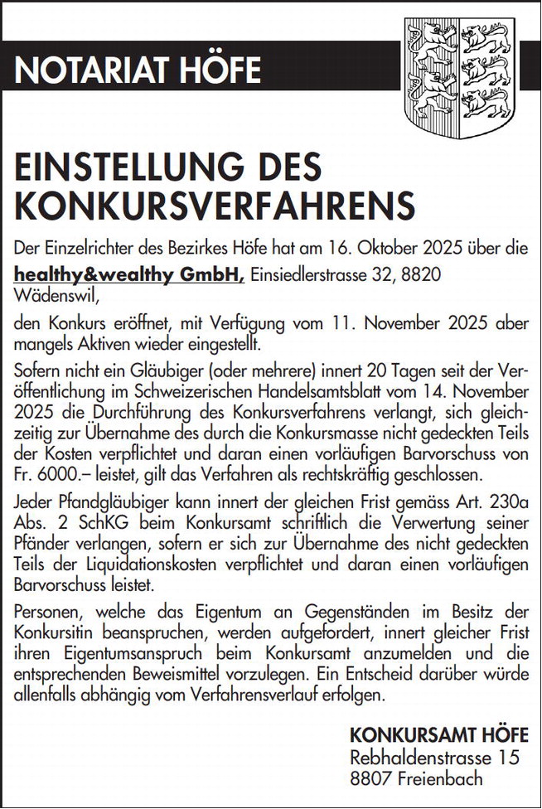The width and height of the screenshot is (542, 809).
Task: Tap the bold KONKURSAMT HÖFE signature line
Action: coord(438,735)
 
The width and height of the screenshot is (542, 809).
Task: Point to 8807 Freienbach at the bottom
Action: coord(416,778)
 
